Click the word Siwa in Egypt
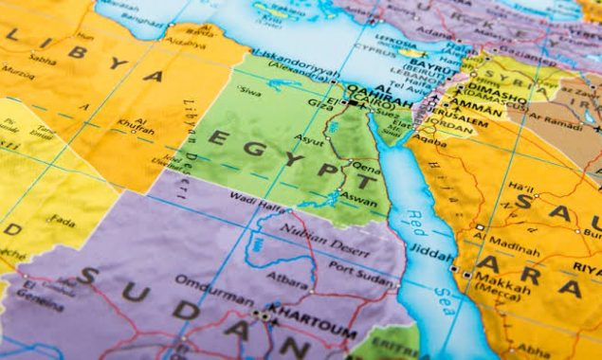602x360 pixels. (x=249, y=92)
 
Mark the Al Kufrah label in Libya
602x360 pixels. (x=141, y=127)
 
